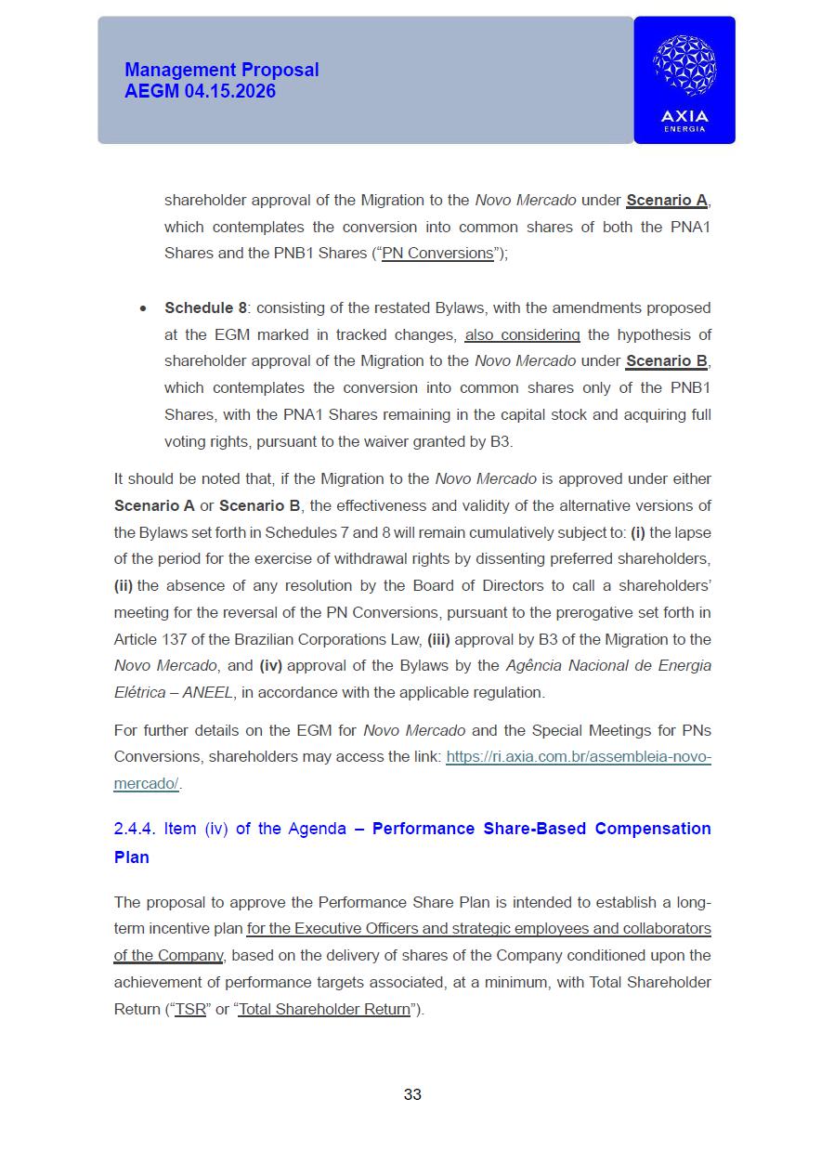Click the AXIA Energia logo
684,80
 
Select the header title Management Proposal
221,70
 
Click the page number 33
412,1094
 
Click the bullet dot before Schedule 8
142,308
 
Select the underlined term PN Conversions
437,253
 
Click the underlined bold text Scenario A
667,200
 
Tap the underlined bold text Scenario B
667,360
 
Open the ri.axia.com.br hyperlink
578,756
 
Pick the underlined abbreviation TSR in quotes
190,1009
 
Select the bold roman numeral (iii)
438,639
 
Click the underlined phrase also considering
522,334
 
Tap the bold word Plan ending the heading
132,857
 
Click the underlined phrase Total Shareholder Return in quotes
324,1009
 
